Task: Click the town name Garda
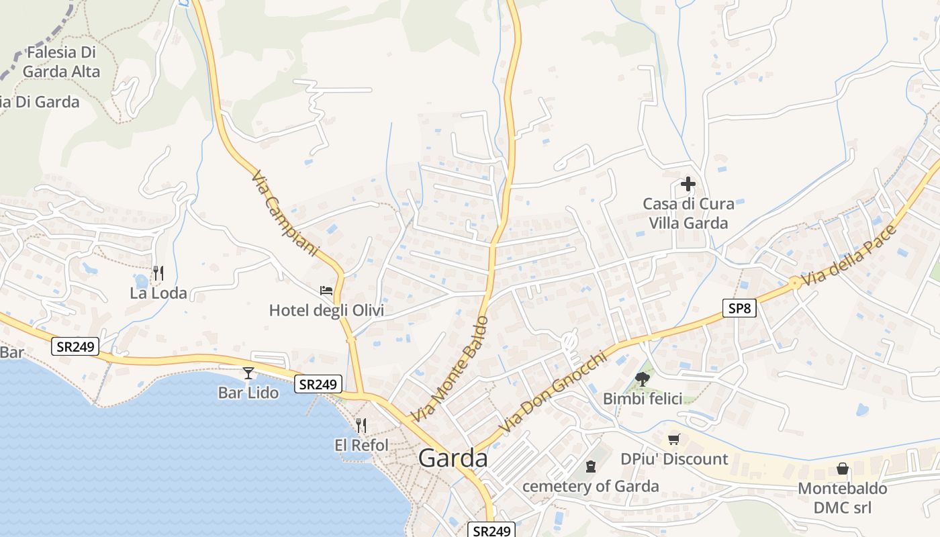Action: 453,458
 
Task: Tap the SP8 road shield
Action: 740,308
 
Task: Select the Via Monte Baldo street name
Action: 449,369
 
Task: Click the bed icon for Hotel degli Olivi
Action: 326,291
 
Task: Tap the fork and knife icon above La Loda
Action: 158,273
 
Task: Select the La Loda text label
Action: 158,293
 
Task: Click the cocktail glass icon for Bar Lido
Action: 248,373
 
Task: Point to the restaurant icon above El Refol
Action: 361,425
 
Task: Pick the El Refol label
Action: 361,445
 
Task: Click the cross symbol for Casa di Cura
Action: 688,183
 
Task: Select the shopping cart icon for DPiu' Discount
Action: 674,439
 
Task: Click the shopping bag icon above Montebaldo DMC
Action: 843,469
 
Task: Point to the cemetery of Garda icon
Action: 591,466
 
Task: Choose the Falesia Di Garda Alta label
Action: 61,62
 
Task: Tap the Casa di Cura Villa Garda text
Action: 688,213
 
